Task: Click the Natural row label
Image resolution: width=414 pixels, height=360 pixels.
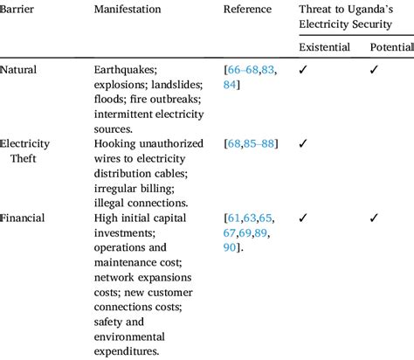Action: coord(20,69)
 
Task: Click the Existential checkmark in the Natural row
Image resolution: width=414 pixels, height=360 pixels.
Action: coord(302,69)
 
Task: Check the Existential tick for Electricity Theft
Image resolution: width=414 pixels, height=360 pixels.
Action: coord(302,143)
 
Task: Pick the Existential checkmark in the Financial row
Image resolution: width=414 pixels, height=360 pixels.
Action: coord(302,218)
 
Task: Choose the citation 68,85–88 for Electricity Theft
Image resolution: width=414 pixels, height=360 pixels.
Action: coord(253,143)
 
